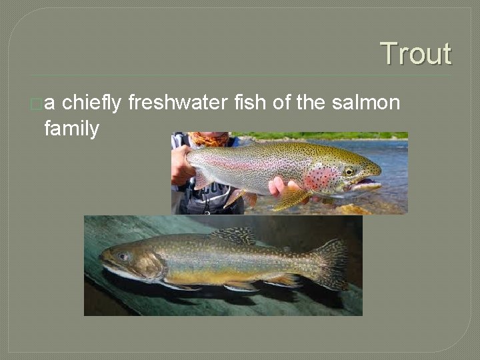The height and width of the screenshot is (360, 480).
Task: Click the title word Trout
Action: [415, 54]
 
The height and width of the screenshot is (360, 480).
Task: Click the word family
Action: [71, 128]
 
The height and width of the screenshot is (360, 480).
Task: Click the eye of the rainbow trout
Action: [349, 171]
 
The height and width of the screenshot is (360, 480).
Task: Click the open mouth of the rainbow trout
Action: [367, 184]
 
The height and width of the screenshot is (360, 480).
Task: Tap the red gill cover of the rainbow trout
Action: [321, 178]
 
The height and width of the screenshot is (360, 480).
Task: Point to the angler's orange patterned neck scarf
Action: [207, 139]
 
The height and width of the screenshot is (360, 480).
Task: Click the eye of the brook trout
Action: [123, 257]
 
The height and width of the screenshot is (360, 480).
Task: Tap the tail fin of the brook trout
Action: [331, 264]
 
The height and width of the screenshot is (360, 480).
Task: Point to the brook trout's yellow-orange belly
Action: [200, 275]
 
